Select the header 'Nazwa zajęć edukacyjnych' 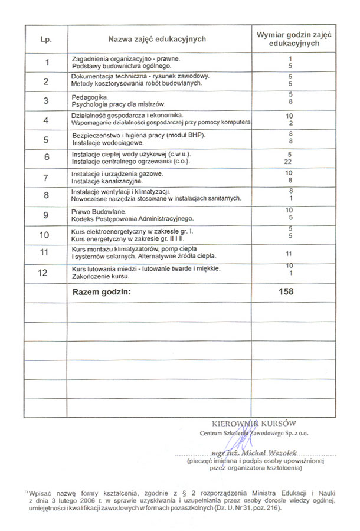click(156, 39)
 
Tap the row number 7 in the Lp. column click(46, 178)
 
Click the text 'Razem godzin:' click(100, 291)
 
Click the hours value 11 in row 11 click(290, 253)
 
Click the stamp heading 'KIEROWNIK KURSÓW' click(254, 423)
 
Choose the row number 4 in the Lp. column click(46, 120)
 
